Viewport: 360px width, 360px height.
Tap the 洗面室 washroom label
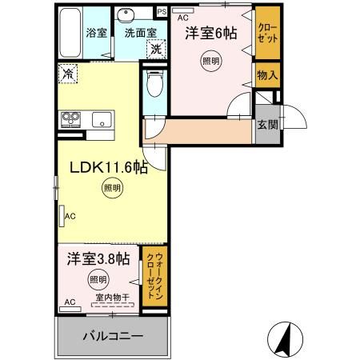(139, 34)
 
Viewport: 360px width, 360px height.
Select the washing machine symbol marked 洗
(156, 49)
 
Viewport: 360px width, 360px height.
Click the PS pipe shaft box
(161, 12)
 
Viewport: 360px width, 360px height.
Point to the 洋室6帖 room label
(211, 33)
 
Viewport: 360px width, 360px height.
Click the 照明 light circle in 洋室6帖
(210, 61)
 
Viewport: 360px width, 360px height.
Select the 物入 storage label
(266, 76)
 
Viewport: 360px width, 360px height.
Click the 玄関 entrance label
(266, 126)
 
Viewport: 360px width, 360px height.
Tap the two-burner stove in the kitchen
(70, 120)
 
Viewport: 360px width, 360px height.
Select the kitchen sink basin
(102, 121)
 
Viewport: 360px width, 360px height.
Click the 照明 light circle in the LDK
(111, 190)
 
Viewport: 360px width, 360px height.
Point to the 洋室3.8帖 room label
(97, 258)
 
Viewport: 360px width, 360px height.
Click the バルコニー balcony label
(112, 334)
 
